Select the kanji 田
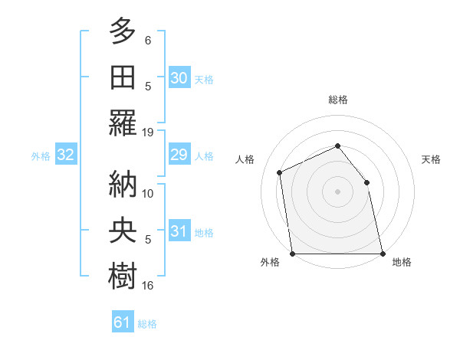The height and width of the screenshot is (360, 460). [x=123, y=77]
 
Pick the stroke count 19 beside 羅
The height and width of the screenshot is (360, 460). [x=148, y=132]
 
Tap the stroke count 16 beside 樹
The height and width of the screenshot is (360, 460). [x=148, y=286]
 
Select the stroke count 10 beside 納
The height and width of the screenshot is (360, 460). [x=148, y=193]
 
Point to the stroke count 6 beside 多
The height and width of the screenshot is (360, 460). [x=148, y=41]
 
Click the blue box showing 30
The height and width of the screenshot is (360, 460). [x=179, y=78]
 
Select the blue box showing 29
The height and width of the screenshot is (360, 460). [x=179, y=155]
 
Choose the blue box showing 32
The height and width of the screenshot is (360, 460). [x=66, y=155]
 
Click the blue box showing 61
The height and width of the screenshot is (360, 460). [x=123, y=322]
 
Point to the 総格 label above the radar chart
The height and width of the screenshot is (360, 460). [x=337, y=100]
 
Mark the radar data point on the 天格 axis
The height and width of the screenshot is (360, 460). [x=366, y=182]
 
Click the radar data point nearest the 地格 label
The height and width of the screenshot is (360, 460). [x=382, y=254]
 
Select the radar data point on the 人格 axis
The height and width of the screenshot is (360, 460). [x=280, y=172]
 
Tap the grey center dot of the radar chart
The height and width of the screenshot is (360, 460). [x=337, y=191]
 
